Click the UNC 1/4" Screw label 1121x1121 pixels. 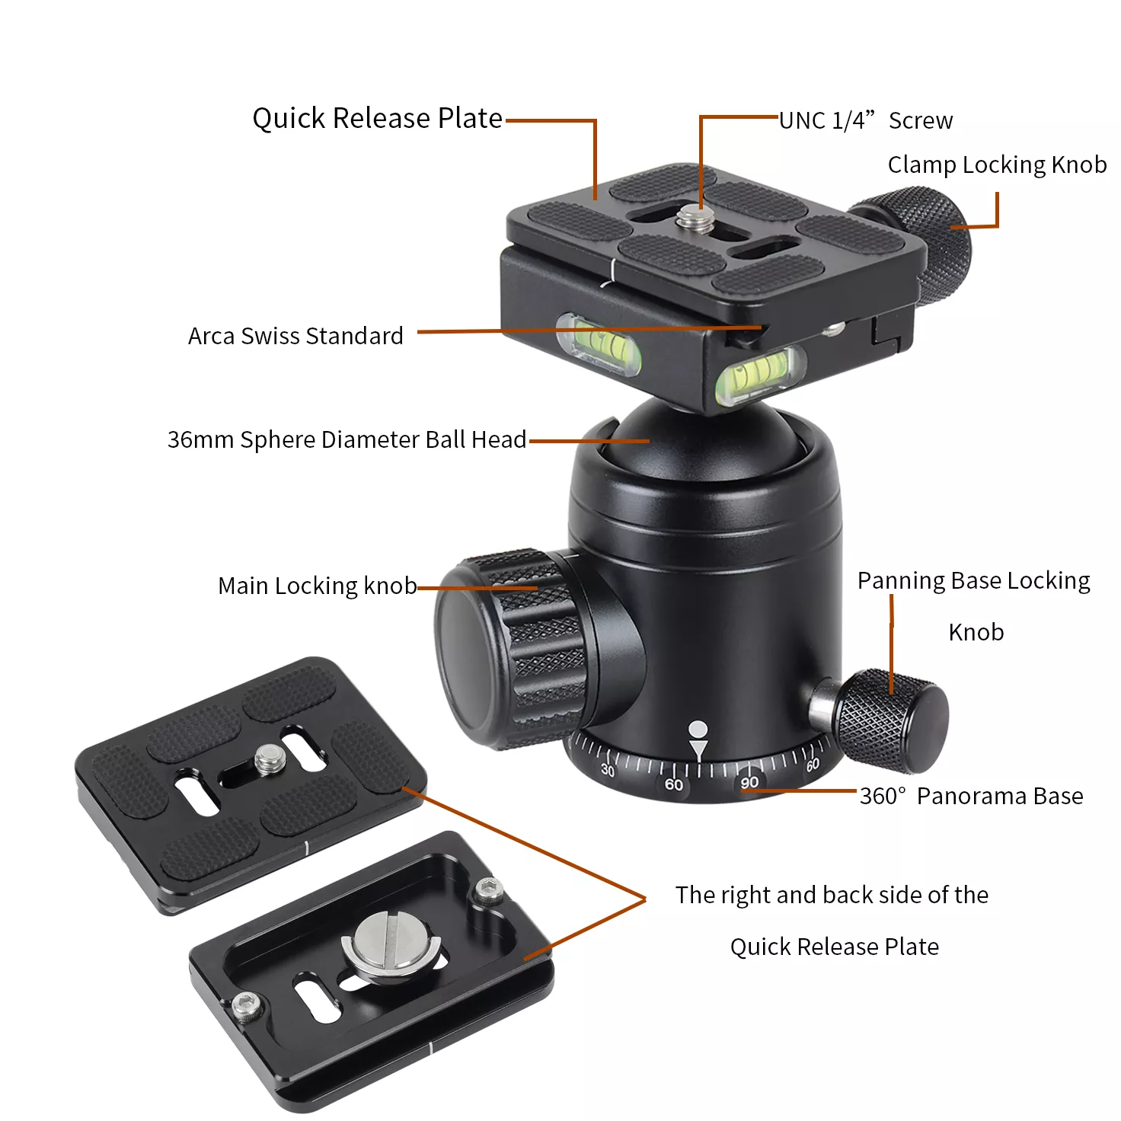(x=865, y=120)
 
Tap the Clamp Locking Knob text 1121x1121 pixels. (x=997, y=164)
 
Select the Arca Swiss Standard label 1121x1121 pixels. (x=295, y=336)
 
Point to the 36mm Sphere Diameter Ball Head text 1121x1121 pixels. (x=347, y=439)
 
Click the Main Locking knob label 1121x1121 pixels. (x=318, y=586)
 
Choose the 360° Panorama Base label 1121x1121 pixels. (x=971, y=796)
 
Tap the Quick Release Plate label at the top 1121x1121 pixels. (x=377, y=118)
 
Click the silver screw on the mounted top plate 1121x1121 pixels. (x=696, y=219)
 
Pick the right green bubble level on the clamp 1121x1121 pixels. (x=760, y=375)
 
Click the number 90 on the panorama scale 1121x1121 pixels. (x=749, y=782)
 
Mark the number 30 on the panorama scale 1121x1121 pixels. (x=607, y=770)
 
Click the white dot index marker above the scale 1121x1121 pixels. (x=698, y=728)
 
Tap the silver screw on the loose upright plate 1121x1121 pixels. (x=269, y=759)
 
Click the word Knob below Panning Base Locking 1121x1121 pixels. (x=976, y=632)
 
